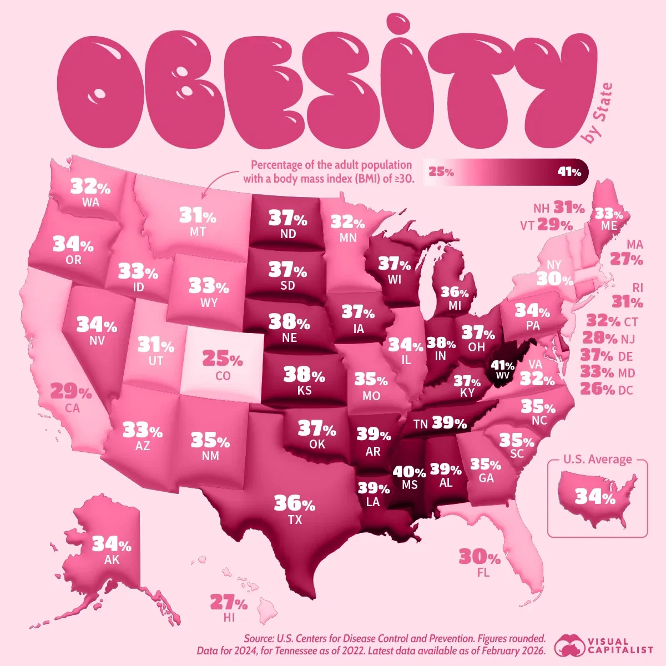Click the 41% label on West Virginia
click(502, 366)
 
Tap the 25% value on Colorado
click(222, 359)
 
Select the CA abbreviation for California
click(72, 408)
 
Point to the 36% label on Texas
click(294, 503)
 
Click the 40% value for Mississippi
click(410, 472)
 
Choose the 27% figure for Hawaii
click(228, 602)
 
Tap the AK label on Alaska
click(112, 560)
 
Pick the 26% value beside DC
click(597, 390)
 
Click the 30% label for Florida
click(480, 556)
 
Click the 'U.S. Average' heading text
click(597, 460)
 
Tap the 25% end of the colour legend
click(441, 172)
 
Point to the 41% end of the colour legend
click(569, 172)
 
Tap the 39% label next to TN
click(449, 423)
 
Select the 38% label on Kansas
click(304, 375)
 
